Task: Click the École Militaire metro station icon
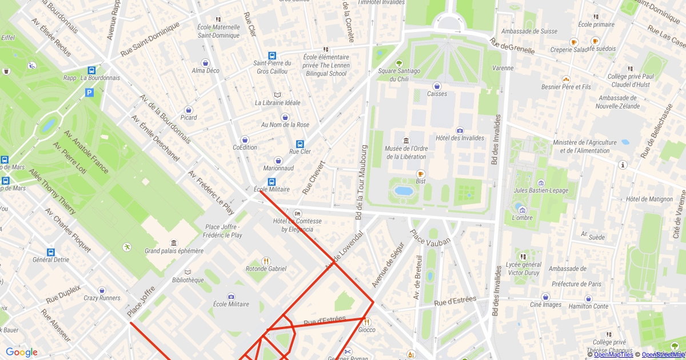(272, 181)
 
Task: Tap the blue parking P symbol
(89, 93)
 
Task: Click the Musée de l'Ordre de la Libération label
(406, 153)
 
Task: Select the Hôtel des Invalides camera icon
(460, 130)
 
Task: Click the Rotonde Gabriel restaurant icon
(266, 261)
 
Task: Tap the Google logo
(22, 352)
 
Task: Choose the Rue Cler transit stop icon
(300, 144)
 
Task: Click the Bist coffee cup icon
(421, 174)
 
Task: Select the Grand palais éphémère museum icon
(174, 243)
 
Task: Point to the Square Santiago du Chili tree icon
(399, 63)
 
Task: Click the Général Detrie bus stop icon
(50, 252)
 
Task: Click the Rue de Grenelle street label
(512, 46)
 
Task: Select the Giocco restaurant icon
(366, 322)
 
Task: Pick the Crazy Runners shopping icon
(102, 290)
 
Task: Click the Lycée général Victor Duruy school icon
(523, 257)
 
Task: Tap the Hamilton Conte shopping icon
(588, 298)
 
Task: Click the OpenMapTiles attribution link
(613, 354)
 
